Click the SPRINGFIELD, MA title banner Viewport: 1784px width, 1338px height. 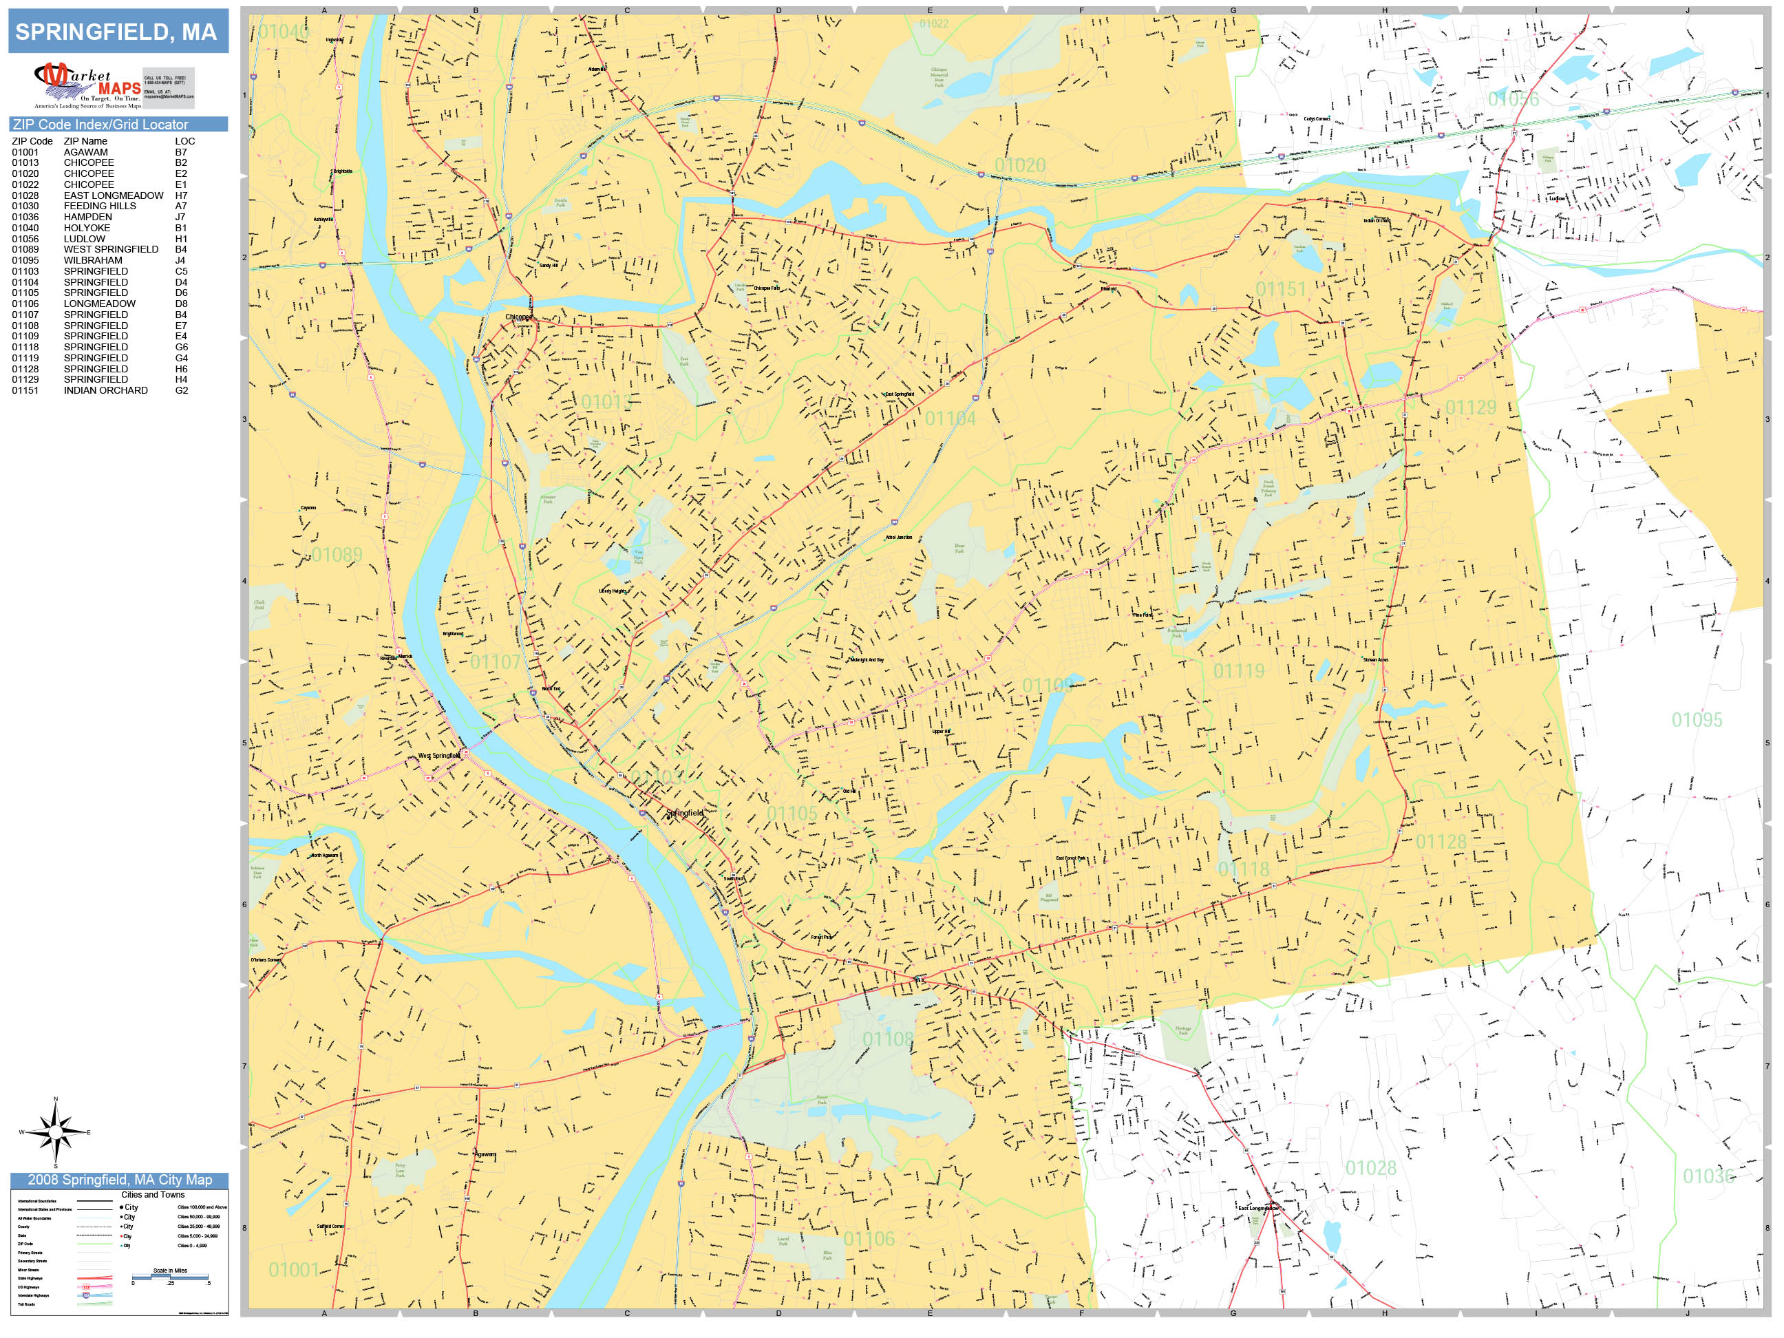coord(117,32)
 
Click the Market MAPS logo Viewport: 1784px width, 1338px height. coord(87,86)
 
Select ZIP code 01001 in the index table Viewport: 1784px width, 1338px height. coord(25,152)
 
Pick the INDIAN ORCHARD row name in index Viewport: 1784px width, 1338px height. coord(106,390)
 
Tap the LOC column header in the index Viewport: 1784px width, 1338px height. coord(184,141)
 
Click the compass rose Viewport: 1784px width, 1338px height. coord(56,1132)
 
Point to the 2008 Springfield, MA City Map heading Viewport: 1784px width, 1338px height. coord(119,1180)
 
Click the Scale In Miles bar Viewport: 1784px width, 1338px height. coord(170,1277)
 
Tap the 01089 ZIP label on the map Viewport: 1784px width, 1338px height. coord(337,555)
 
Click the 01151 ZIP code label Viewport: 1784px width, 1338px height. coord(1281,290)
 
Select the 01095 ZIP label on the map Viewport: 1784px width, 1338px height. coord(1696,719)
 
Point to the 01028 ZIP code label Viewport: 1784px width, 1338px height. coord(1370,1168)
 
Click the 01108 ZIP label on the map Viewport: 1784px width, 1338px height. coord(888,1039)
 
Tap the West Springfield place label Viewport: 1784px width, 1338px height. coord(438,756)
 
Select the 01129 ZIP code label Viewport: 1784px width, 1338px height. coord(1470,407)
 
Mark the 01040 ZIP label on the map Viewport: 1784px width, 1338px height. coord(282,32)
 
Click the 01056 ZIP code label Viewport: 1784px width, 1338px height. coord(1513,99)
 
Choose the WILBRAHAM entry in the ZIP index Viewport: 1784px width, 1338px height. coord(93,260)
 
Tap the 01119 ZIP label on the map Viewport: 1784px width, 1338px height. coord(1239,671)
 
